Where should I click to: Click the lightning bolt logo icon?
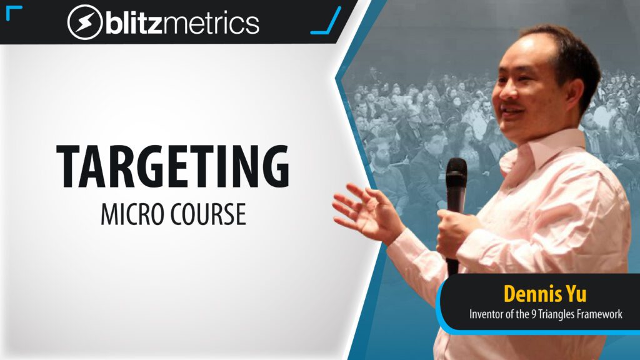(84, 22)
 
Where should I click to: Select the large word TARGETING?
(173, 166)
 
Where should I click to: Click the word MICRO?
(132, 214)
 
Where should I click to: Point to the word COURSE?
(208, 214)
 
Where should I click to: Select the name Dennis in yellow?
(530, 294)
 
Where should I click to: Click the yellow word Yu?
(576, 294)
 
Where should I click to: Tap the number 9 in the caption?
(533, 314)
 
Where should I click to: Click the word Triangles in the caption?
(557, 315)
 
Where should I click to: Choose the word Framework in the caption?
(600, 314)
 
